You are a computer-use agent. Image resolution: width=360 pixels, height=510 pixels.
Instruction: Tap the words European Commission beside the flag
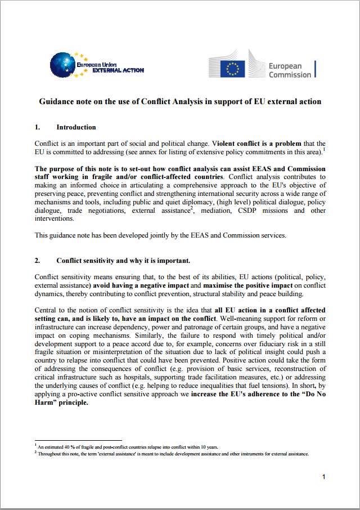[289, 70]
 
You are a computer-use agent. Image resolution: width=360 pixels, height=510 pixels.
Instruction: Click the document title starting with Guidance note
[180, 102]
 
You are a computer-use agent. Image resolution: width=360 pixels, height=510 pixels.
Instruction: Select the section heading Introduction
[76, 127]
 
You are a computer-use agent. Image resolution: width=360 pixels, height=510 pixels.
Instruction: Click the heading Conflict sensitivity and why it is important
[123, 261]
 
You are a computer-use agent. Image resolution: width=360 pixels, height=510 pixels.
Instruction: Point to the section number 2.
[38, 261]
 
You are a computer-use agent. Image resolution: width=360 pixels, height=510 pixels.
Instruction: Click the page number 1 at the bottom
[323, 477]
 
